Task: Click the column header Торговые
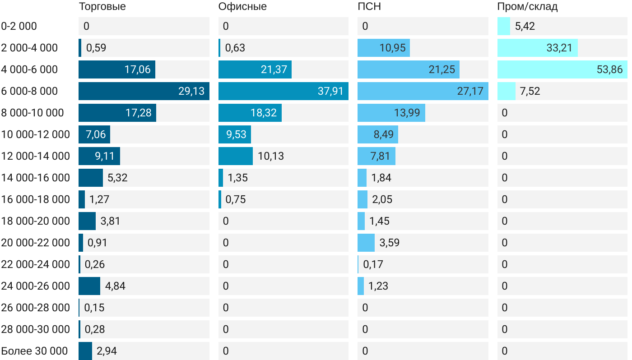pos(102,7)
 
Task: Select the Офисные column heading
pos(242,7)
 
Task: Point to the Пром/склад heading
pos(527,7)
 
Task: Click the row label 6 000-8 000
pos(30,91)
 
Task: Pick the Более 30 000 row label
pos(35,351)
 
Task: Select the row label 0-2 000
pos(19,26)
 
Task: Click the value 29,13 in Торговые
pos(191,91)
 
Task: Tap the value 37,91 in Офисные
pos(330,91)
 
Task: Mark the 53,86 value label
pos(609,69)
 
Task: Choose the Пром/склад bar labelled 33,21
pos(537,48)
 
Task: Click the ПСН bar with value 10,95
pos(383,48)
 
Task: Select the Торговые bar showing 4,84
pos(89,286)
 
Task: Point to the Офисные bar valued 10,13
pos(235,156)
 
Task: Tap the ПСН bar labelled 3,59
pos(366,243)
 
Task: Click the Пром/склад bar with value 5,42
pos(503,26)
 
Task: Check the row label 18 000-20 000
pos(36,221)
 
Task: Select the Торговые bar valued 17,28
pos(117,113)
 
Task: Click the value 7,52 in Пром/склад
pos(530,91)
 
